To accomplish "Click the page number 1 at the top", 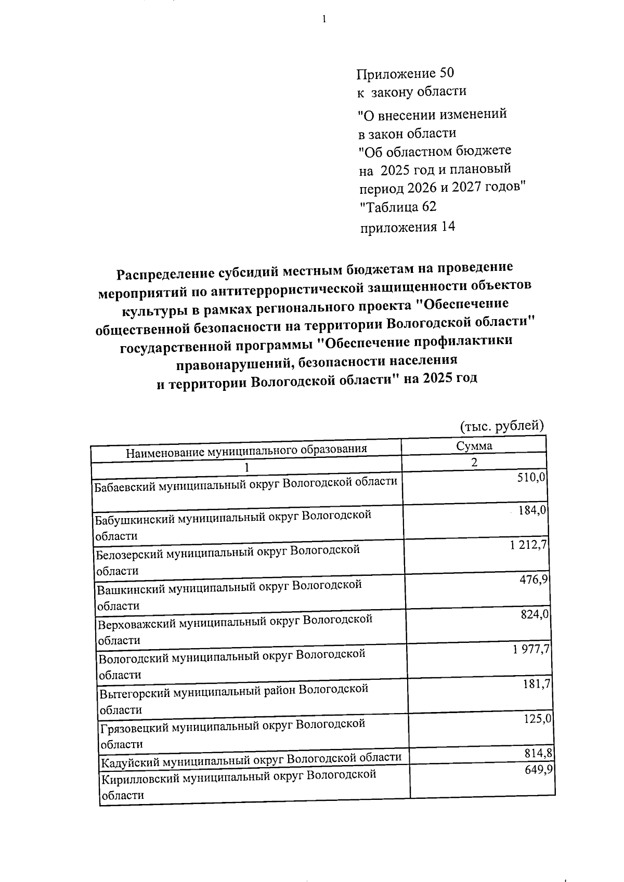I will pos(324,20).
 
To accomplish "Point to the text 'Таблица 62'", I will pos(399,207).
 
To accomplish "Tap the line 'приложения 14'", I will pos(408,227).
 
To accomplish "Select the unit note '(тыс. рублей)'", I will pos(502,426).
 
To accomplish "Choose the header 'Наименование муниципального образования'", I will pos(246,450).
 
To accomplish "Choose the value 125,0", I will pos(538,719).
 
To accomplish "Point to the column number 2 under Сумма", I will pos(474,462).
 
